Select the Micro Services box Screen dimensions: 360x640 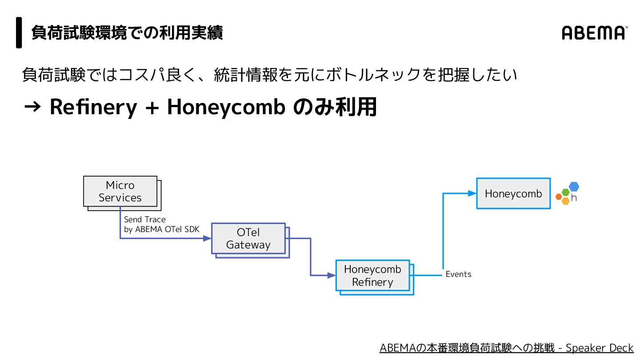tap(120, 192)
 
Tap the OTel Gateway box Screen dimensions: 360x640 tap(248, 239)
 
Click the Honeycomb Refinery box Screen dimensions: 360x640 tap(372, 276)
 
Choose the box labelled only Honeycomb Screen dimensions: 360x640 tap(513, 193)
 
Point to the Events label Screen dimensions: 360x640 tap(458, 274)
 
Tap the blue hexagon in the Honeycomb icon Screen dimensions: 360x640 tap(574, 187)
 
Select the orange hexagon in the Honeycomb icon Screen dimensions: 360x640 tap(559, 196)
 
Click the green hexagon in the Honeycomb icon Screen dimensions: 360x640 tap(565, 192)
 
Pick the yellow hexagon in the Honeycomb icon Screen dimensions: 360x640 tap(565, 201)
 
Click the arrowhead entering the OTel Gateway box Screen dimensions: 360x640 tap(207, 239)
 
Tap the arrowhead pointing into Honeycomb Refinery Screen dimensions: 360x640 tap(332, 276)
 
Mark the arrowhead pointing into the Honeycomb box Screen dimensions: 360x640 tap(472, 193)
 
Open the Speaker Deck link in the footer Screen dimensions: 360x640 tap(507, 348)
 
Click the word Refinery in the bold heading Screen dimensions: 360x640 tap(93, 107)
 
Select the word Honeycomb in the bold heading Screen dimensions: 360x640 tap(226, 107)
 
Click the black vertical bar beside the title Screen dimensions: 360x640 tap(19, 32)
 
